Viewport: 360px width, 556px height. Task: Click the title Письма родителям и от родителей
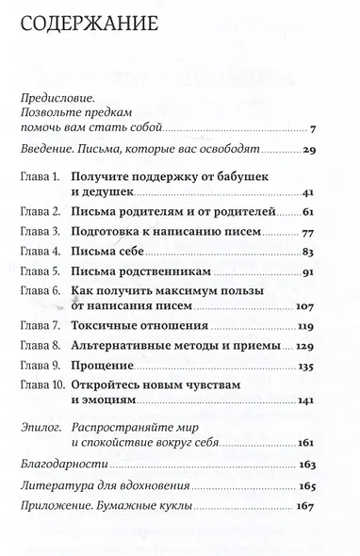pos(180,214)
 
